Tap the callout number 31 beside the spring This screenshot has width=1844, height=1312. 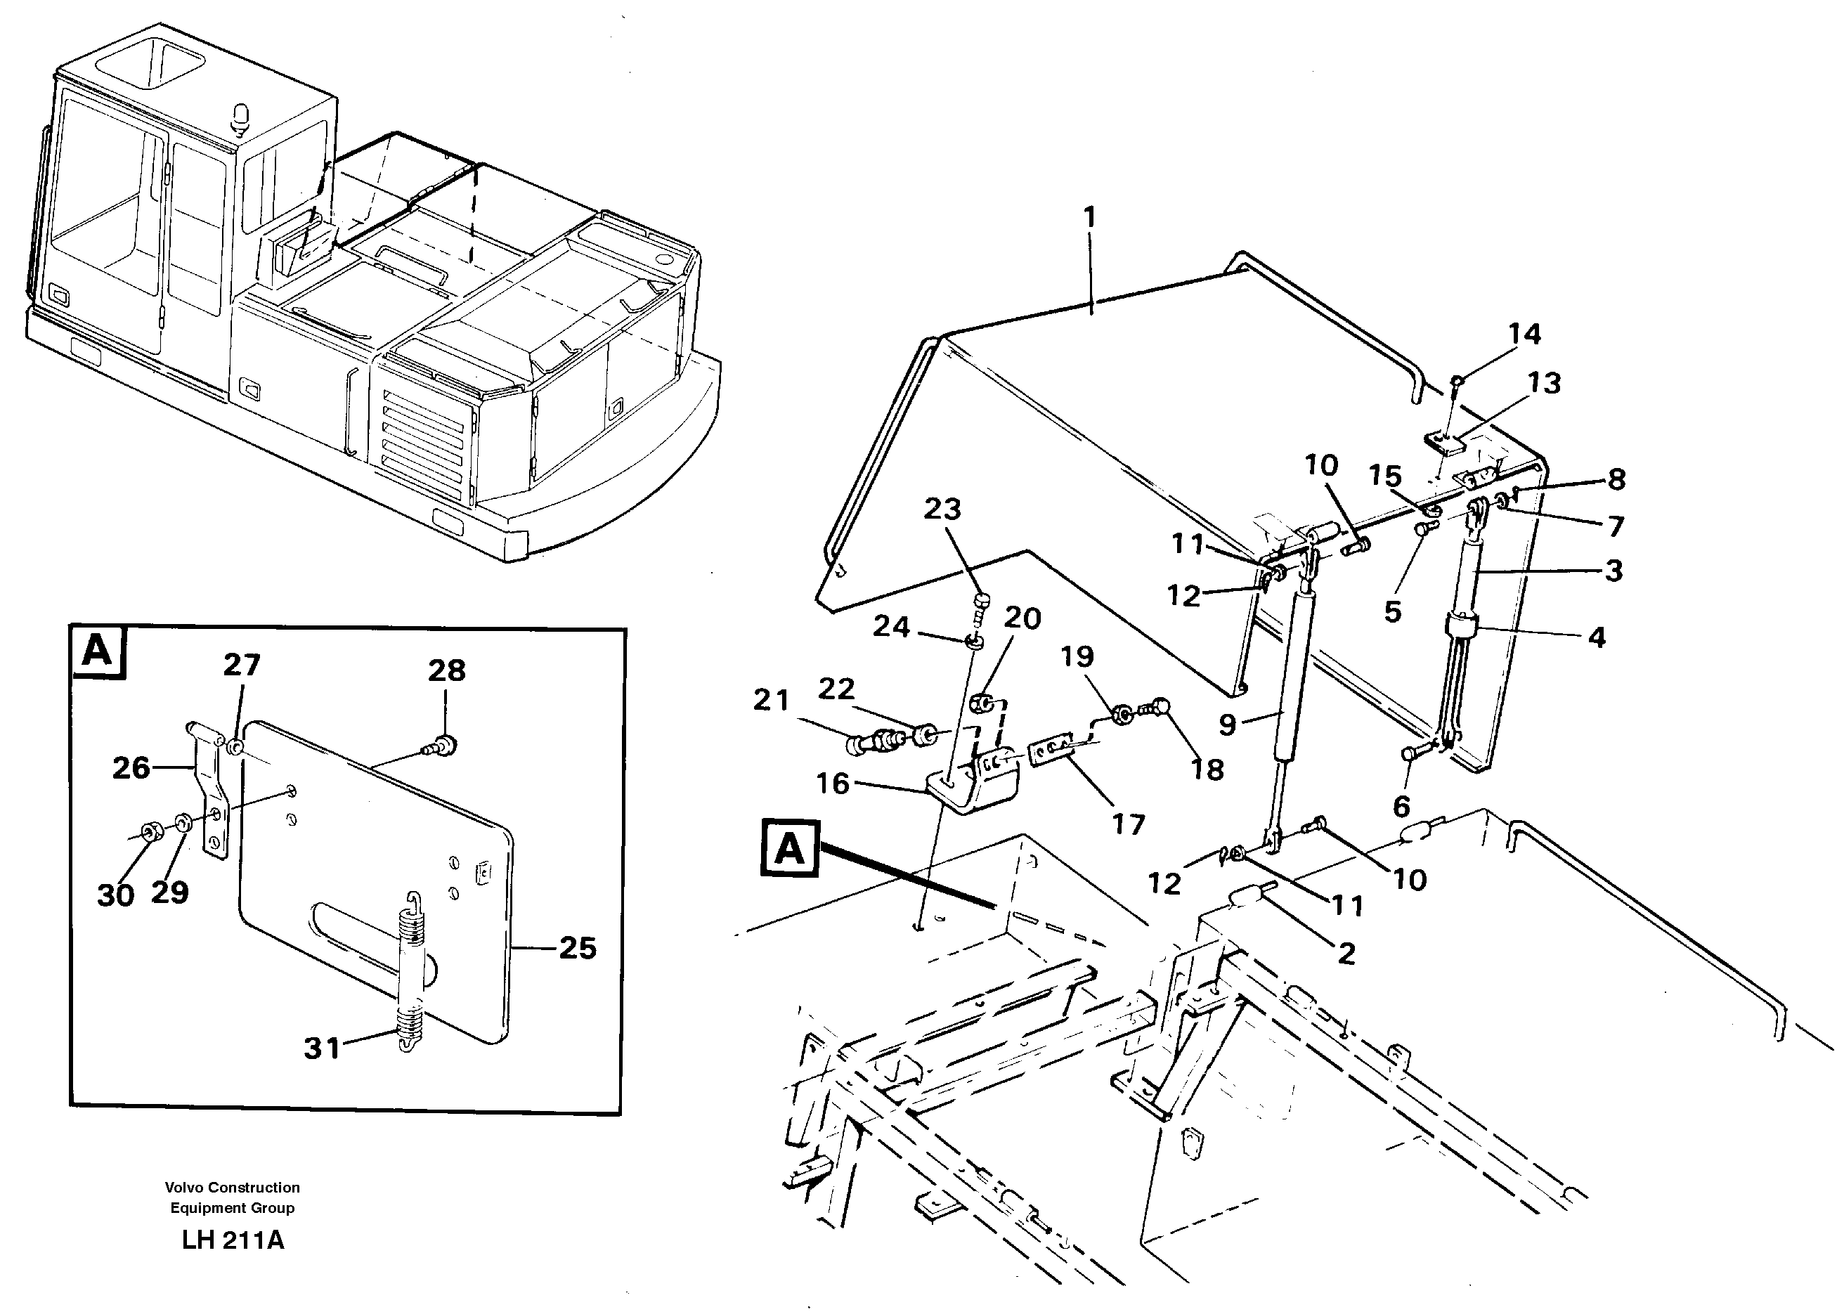pyautogui.click(x=321, y=1048)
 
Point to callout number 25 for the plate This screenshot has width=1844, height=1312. pyautogui.click(x=578, y=948)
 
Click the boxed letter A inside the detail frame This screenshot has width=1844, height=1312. pyautogui.click(x=98, y=650)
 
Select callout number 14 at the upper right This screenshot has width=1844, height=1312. pyautogui.click(x=1524, y=334)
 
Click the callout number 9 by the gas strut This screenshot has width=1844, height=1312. pyautogui.click(x=1227, y=725)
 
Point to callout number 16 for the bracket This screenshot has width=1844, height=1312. pyautogui.click(x=833, y=783)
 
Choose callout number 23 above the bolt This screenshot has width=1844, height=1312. pyautogui.click(x=942, y=509)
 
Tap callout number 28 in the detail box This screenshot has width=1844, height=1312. pyautogui.click(x=447, y=670)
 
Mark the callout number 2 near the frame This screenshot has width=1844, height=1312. pyautogui.click(x=1346, y=954)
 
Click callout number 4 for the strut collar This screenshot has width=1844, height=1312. pyautogui.click(x=1596, y=637)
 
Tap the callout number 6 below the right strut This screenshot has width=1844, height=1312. pyautogui.click(x=1401, y=805)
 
